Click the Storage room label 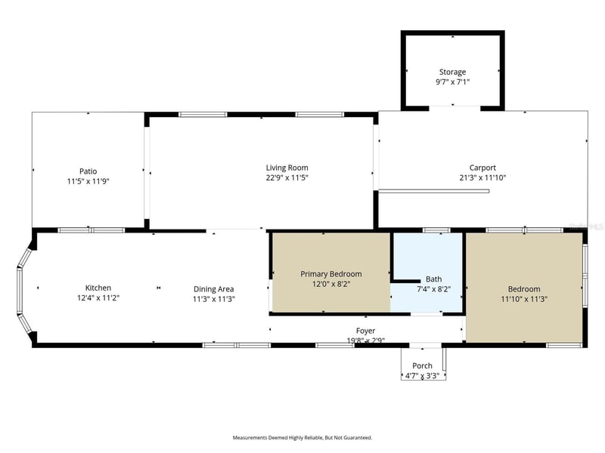coord(452,72)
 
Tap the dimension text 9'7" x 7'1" coord(452,82)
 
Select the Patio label coord(88,171)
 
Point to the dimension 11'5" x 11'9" coord(88,181)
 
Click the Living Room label coord(287,168)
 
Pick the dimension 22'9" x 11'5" coord(287,177)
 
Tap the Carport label coord(482,168)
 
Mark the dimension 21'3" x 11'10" coord(482,177)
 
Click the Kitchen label coord(98,288)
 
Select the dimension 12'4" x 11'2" coord(98,297)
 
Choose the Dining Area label coord(214,288)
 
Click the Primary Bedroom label coord(330,274)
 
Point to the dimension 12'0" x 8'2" coord(330,284)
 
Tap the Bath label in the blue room coord(433,279)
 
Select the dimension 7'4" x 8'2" coord(433,288)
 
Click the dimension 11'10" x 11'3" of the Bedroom coord(524,299)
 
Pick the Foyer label coord(366,331)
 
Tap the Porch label coord(423,365)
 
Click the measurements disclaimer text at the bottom coord(302,437)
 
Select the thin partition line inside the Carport coord(434,191)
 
